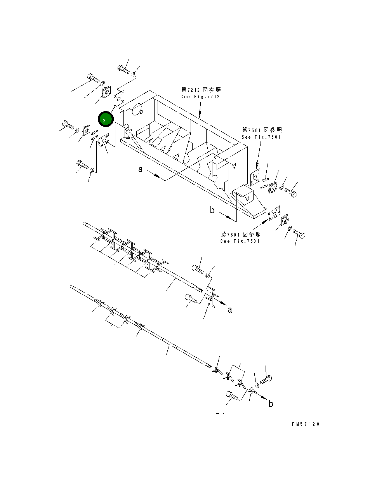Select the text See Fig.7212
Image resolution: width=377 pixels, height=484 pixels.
(x=200, y=97)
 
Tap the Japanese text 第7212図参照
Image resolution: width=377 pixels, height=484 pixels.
(x=201, y=90)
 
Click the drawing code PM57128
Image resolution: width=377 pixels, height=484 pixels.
(x=306, y=424)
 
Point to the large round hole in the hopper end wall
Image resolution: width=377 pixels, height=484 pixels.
(x=136, y=110)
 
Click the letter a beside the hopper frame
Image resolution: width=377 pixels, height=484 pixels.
(x=141, y=169)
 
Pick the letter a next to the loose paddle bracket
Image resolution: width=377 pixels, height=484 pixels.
(x=230, y=310)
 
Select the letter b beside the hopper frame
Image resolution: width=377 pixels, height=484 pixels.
(x=212, y=210)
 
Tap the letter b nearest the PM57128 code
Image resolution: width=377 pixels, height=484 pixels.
(x=271, y=404)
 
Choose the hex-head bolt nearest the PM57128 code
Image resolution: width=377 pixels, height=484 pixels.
(x=266, y=380)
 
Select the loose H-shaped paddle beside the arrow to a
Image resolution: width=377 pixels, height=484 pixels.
(x=212, y=298)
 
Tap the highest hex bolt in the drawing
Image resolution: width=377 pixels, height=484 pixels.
(x=123, y=69)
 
